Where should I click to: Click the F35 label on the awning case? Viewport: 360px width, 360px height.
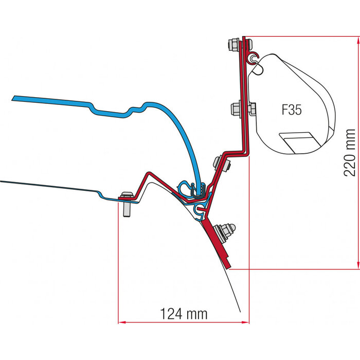(x=292, y=110)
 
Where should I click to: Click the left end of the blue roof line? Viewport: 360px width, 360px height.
(x=13, y=97)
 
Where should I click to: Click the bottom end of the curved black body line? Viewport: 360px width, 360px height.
(x=240, y=311)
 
